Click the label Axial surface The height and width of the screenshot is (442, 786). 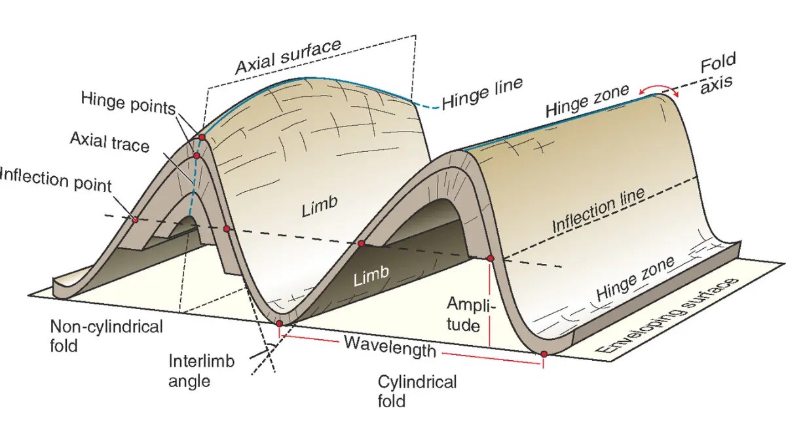click(288, 57)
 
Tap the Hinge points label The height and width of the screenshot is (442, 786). click(128, 102)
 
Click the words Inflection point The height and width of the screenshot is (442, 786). click(56, 179)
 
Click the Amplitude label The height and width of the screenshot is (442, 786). click(472, 314)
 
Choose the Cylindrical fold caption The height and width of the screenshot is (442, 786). click(417, 391)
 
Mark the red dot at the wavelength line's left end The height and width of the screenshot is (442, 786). click(280, 323)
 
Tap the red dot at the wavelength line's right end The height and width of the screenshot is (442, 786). click(544, 354)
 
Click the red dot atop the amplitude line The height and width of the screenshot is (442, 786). click(490, 259)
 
